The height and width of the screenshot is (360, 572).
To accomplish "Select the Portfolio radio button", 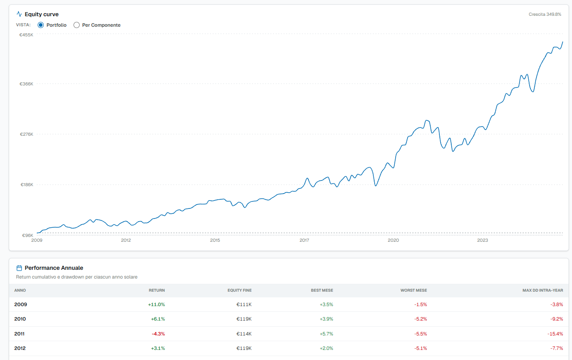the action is point(41,25).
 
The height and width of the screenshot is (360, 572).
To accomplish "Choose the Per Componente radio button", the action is point(77,25).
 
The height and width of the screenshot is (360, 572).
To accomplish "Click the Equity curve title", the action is point(42,14).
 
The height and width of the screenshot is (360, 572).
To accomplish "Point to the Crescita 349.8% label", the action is point(545,14).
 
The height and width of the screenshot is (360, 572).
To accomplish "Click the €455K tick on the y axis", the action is point(26,35).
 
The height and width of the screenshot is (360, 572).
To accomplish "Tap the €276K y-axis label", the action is point(27,134).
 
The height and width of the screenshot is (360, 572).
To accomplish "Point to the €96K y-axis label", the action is point(28,235).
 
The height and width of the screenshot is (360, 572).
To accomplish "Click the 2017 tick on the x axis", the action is point(304,240).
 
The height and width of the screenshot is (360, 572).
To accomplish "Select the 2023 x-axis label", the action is point(482,240).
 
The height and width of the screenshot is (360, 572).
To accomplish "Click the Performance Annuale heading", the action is point(54,268).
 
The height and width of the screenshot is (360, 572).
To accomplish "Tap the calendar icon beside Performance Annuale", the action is point(19,268).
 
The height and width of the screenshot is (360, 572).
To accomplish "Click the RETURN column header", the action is point(157,290).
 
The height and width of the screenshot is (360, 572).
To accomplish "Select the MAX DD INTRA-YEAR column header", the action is point(543,290).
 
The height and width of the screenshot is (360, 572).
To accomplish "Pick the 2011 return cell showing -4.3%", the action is point(158,334).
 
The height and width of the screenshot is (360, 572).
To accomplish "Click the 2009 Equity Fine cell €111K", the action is point(244,304).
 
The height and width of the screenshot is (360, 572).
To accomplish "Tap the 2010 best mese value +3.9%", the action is point(326,319).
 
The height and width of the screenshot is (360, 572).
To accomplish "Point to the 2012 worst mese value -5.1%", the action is point(421,348).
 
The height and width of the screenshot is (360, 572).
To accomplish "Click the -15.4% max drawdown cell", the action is point(555,334).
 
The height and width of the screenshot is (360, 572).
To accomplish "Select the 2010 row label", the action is point(20,319).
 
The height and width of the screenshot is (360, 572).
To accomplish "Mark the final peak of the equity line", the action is point(562,42).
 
